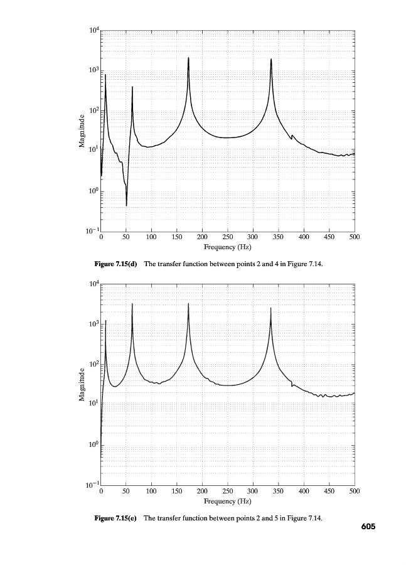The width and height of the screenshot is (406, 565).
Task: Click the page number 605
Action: tap(368, 527)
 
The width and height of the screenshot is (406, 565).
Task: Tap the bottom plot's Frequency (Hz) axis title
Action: tap(227, 502)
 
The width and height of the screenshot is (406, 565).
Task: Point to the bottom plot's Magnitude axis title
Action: tap(82, 385)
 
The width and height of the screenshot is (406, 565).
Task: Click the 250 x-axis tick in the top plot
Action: tap(227, 238)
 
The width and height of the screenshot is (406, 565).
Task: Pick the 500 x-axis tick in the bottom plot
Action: tap(354, 492)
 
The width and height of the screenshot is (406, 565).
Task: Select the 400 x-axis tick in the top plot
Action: tap(303, 238)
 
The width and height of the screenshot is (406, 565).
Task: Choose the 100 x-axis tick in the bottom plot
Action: tap(151, 492)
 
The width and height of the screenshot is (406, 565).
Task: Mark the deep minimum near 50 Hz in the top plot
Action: tap(127, 205)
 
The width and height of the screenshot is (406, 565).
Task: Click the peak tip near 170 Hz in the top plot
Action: tap(188, 58)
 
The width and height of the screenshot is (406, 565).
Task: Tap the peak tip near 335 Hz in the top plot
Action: tap(271, 59)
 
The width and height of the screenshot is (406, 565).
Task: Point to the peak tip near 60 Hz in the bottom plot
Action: tap(132, 304)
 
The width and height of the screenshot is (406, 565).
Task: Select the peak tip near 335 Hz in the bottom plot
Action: tap(271, 308)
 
